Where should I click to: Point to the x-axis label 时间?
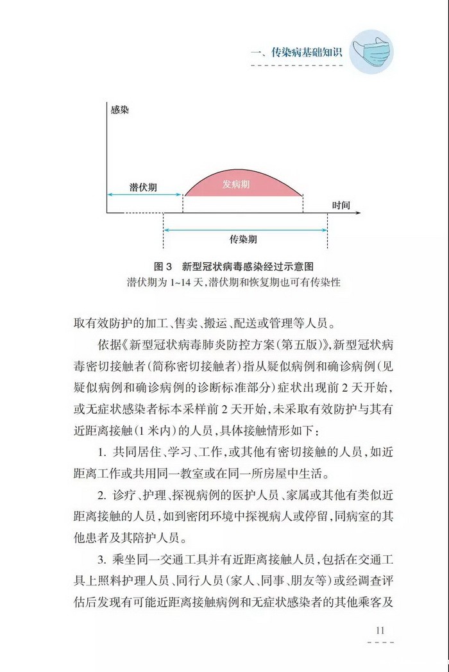coord(341,205)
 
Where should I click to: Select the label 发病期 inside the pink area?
coord(236,184)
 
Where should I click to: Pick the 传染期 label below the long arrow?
coord(244,239)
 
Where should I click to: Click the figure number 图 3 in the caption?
coord(164,266)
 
